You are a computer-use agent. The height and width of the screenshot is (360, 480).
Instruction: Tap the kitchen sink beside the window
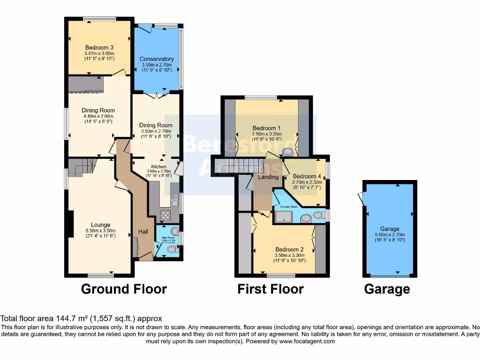point(174,202)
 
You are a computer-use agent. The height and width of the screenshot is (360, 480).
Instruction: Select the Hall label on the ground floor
point(143,232)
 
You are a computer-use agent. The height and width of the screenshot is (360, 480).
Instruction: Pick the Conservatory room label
point(157,59)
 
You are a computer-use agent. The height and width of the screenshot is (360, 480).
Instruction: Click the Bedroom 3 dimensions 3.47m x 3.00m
point(99,53)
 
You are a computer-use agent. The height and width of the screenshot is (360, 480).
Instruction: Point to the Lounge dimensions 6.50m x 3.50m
point(100,231)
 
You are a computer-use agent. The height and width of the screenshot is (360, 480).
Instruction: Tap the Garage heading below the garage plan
point(387,289)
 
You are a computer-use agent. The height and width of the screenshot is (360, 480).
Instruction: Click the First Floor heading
point(270,289)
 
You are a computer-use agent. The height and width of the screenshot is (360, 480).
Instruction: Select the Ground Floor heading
point(124,289)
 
